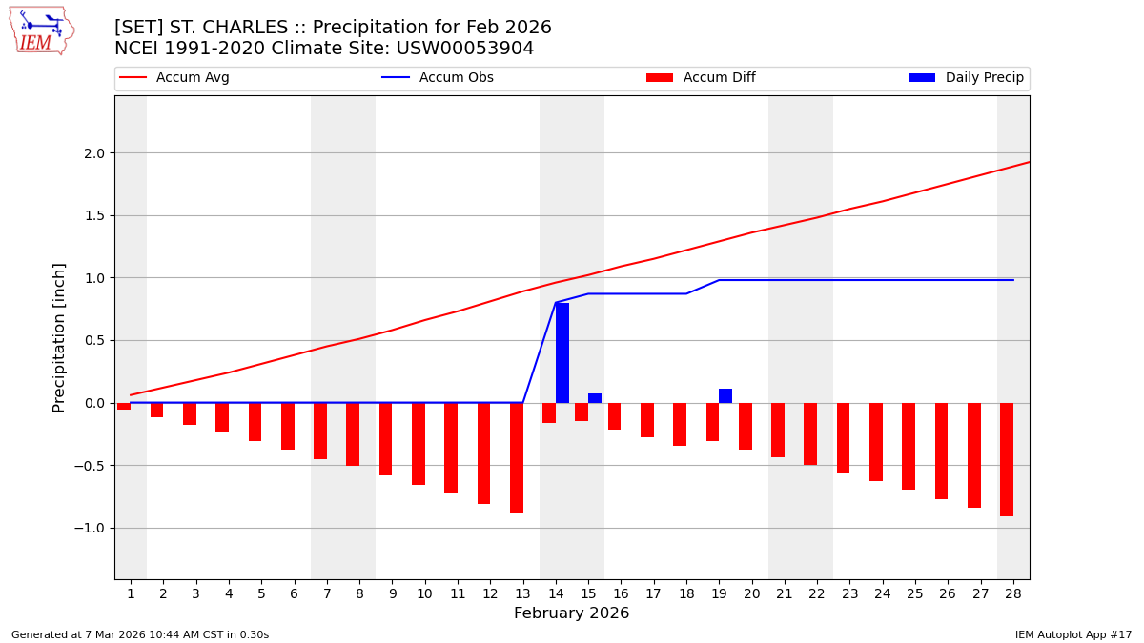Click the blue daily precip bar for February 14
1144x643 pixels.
pos(562,352)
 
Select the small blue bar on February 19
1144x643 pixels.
pos(725,395)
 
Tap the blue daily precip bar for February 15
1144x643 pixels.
pos(595,398)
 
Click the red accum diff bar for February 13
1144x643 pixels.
pos(517,458)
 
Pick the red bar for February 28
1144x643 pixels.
pos(1007,459)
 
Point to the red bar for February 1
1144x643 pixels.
pos(124,406)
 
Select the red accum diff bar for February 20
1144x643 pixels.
pos(746,426)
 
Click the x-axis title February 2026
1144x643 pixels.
pos(571,613)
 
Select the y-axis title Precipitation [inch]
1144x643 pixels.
pos(59,337)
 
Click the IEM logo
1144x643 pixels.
pos(41,30)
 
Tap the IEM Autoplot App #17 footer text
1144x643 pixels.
pos(1073,635)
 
